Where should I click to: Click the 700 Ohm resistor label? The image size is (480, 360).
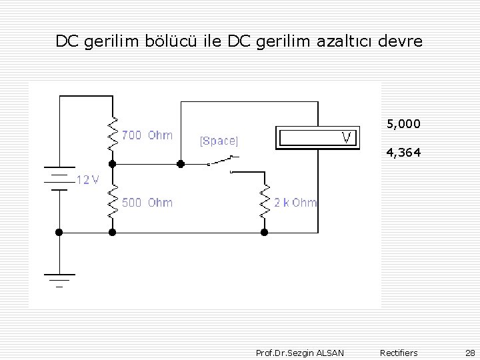tap(147, 135)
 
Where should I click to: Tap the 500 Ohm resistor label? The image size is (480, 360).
tap(147, 203)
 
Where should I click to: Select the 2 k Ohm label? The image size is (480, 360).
tap(295, 203)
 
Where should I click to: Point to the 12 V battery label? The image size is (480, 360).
tap(87, 179)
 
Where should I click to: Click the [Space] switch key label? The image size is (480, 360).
tap(219, 141)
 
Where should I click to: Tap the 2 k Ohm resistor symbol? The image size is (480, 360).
tap(264, 202)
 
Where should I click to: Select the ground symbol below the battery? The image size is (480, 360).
tap(59, 279)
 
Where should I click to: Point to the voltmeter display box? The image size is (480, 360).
tap(317, 137)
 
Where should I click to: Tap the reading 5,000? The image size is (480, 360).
tap(403, 124)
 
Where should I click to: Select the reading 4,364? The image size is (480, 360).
tap(403, 153)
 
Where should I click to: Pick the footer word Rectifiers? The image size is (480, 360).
tap(399, 353)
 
